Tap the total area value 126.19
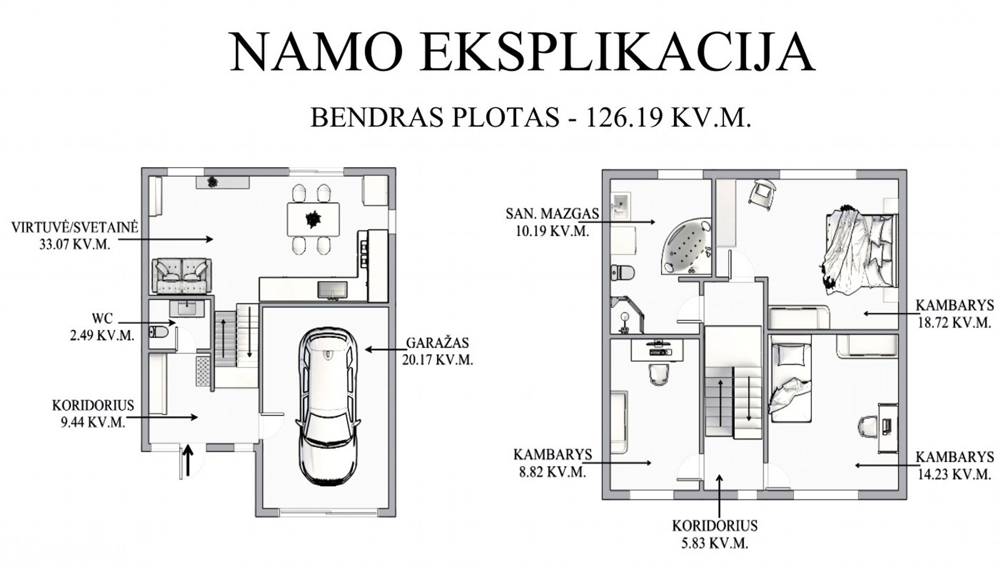[624, 117]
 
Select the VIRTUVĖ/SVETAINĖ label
[75, 227]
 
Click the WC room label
[102, 319]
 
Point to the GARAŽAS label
[437, 343]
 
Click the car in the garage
[327, 406]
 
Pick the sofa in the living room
[182, 276]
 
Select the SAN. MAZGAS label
[552, 214]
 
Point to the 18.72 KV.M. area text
[955, 323]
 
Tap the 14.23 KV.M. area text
[955, 474]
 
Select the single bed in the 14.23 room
[791, 382]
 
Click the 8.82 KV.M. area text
[552, 472]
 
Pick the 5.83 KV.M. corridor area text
[715, 543]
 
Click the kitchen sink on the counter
[332, 290]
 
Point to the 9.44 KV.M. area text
[93, 422]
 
